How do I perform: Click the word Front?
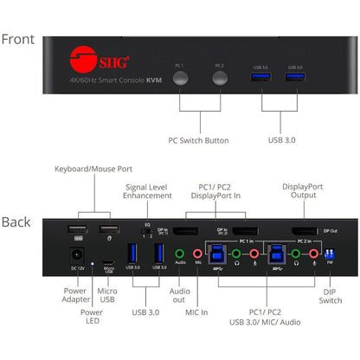tap(18, 39)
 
